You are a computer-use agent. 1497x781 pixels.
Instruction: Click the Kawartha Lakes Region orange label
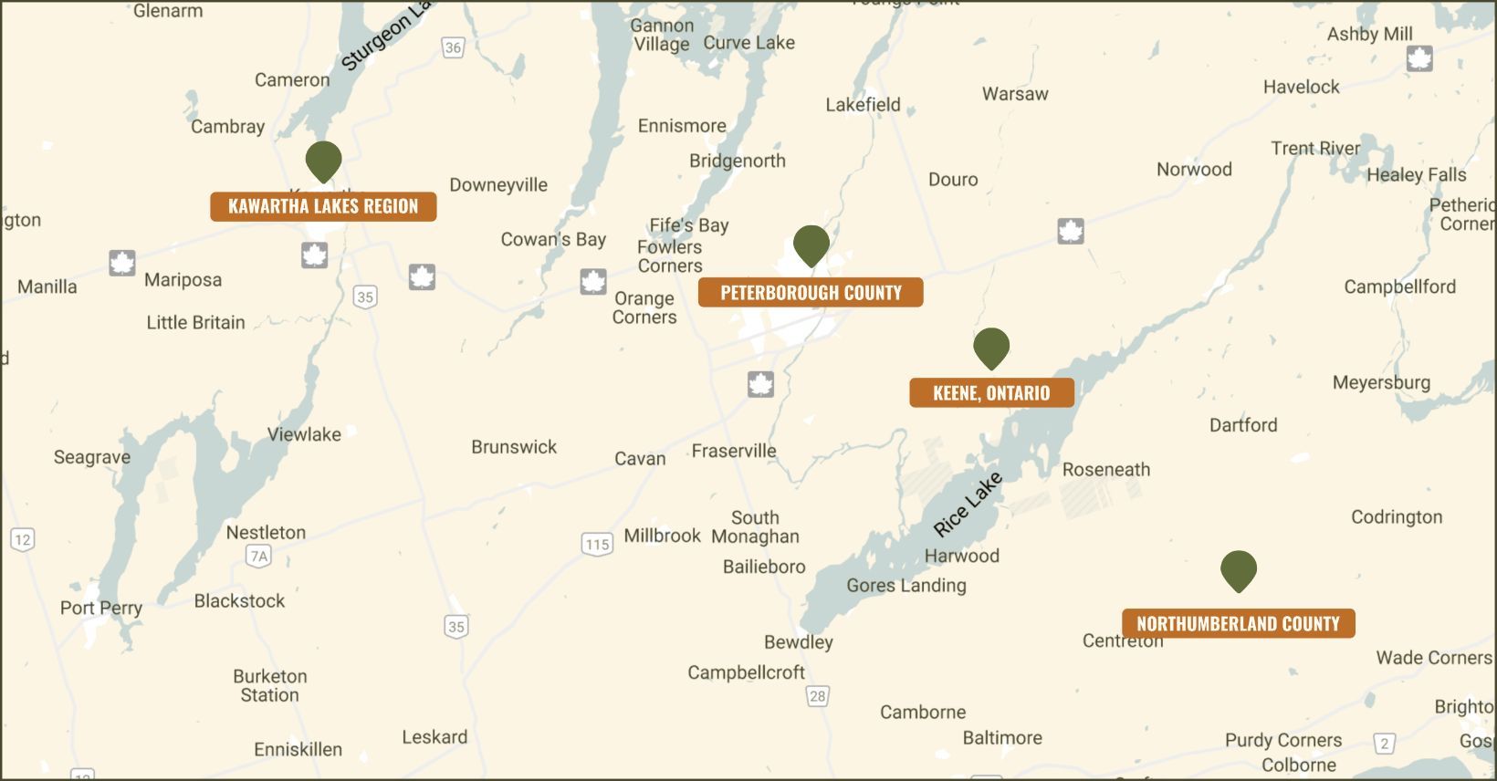pos(323,206)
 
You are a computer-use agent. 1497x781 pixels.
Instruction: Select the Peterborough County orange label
pos(811,293)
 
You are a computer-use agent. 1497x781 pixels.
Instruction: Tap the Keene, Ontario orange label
pos(991,393)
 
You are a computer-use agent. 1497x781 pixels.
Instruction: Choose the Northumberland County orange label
pos(1238,624)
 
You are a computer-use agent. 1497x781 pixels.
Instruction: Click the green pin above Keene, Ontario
pos(991,347)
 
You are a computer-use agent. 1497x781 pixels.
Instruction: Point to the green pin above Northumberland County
pos(1239,570)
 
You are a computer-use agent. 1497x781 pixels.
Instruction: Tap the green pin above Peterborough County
pos(811,245)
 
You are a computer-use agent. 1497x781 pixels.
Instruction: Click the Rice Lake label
pos(968,505)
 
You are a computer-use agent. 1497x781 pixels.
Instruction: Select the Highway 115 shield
pos(597,545)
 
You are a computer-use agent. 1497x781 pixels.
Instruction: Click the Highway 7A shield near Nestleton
pos(259,556)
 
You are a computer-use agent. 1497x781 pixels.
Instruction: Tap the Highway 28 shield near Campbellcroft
pos(817,696)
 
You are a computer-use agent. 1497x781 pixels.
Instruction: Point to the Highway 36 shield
pos(453,47)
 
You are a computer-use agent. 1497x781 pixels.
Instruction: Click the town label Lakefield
pos(863,105)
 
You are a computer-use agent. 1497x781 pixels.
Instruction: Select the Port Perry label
pos(101,608)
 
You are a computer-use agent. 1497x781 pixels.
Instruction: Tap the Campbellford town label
pos(1399,286)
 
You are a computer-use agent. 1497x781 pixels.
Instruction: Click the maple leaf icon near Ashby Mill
pos(1419,59)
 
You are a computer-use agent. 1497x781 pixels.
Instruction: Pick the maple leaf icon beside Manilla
pos(122,263)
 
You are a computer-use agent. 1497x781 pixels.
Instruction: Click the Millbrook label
pos(662,536)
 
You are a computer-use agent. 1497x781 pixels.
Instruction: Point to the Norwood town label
pos(1194,170)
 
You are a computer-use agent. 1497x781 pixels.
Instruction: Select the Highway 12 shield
pos(23,539)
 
